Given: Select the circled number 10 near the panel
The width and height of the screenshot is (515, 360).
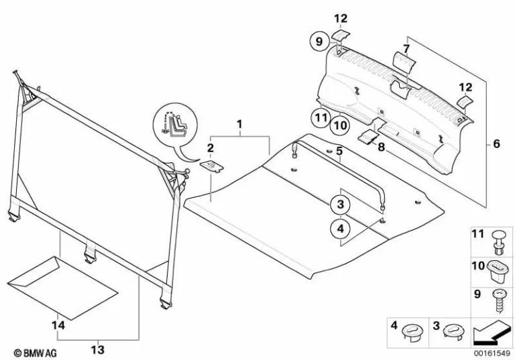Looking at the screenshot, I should point(340,125).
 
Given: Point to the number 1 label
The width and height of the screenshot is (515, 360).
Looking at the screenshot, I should point(238,125).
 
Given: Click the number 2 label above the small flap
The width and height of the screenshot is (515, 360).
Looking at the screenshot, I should point(210,147).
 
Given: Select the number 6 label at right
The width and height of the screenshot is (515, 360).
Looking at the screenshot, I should point(496,143).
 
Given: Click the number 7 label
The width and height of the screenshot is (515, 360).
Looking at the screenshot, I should point(406,49).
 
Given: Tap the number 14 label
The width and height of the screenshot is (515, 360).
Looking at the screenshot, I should point(60,325).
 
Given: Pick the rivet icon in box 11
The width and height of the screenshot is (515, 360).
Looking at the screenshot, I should point(501,239).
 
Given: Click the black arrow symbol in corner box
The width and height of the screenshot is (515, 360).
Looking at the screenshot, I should point(490,332).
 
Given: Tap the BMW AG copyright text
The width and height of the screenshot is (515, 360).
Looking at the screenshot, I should point(31,352).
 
